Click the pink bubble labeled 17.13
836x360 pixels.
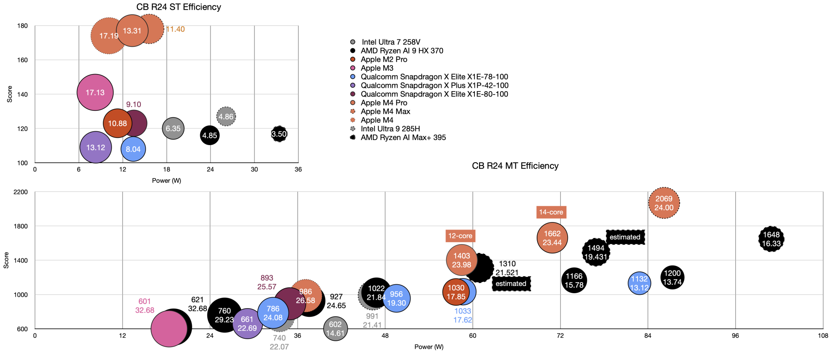(95, 92)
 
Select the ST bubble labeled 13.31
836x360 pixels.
(132, 31)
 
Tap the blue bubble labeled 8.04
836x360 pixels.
(133, 149)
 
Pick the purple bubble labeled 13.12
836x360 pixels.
(96, 148)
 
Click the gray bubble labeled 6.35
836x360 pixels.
(173, 128)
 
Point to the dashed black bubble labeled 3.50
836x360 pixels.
(279, 134)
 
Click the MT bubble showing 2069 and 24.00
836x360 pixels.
(664, 203)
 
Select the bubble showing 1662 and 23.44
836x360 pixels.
(552, 238)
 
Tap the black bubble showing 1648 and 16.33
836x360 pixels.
(771, 239)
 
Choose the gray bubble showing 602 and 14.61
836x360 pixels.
(335, 329)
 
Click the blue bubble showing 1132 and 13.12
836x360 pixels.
(639, 283)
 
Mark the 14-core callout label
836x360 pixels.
(551, 212)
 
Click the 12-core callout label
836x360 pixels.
(460, 236)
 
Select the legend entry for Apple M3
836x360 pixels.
(377, 68)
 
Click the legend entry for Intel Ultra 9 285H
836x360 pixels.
(390, 129)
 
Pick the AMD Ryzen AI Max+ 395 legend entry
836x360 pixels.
(403, 138)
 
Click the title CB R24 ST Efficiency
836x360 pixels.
(178, 7)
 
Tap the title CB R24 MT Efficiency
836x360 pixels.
(515, 166)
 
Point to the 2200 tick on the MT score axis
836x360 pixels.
(20, 192)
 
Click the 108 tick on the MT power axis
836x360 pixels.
(823, 336)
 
